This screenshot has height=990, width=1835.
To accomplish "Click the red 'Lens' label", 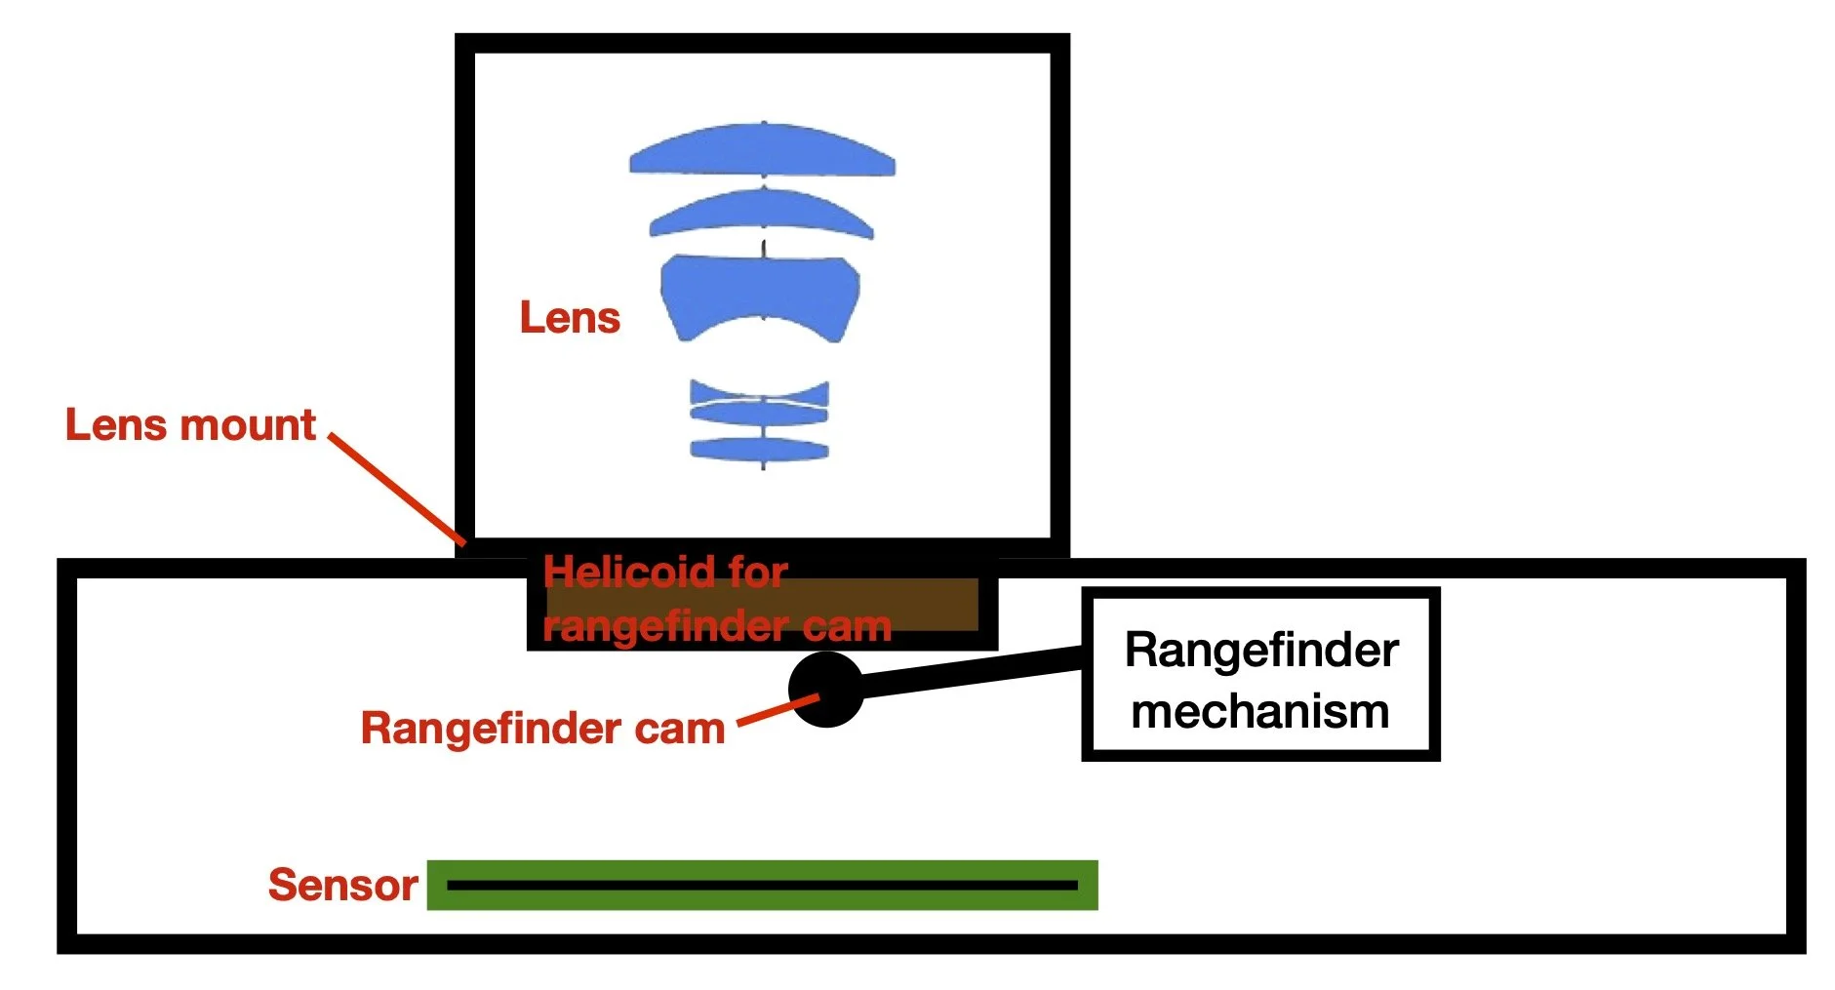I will pyautogui.click(x=570, y=318).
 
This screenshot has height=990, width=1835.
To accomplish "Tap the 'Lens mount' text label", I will pyautogui.click(x=190, y=425).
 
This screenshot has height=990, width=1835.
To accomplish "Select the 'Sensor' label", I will pyautogui.click(x=342, y=885).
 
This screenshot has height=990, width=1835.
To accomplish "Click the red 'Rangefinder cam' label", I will pyautogui.click(x=542, y=729).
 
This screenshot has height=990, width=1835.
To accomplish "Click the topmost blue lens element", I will pyautogui.click(x=762, y=151).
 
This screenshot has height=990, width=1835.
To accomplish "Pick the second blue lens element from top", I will pyautogui.click(x=761, y=212).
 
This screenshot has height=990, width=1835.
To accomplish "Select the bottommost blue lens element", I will pyautogui.click(x=760, y=450).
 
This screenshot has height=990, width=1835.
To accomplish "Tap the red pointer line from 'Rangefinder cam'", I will pyautogui.click(x=777, y=709).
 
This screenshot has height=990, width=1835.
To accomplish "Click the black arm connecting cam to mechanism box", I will pyautogui.click(x=972, y=673).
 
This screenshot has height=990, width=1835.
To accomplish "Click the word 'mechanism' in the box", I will pyautogui.click(x=1260, y=711).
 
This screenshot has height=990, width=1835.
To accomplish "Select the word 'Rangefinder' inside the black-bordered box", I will pyautogui.click(x=1261, y=650).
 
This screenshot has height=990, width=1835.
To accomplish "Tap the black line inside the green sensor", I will pyautogui.click(x=761, y=886).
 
